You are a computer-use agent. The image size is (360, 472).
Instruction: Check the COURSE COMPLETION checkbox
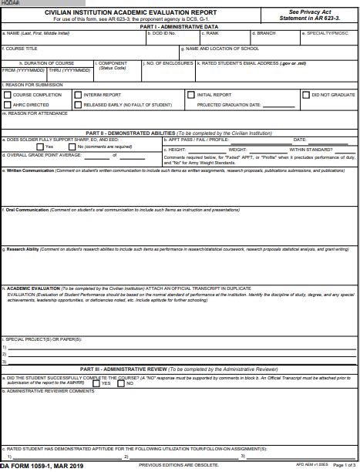point(8,95)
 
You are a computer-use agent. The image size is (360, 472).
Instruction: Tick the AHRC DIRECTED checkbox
point(8,105)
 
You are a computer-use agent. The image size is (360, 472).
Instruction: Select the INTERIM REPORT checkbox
point(77,95)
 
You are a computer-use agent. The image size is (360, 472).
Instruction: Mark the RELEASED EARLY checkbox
point(77,105)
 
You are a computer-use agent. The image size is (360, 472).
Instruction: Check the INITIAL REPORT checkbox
point(191,95)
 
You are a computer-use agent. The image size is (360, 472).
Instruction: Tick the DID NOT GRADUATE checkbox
point(305,95)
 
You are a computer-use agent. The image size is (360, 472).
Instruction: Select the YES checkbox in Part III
point(96,383)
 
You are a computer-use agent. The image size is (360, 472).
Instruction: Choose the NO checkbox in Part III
point(120,383)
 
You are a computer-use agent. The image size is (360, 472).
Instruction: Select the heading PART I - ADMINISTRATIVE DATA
point(180,26)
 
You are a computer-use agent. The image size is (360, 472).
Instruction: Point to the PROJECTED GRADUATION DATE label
point(229,105)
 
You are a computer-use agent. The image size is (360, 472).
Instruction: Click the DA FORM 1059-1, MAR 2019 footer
point(42,467)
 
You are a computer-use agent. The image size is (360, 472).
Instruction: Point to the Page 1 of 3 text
point(345,466)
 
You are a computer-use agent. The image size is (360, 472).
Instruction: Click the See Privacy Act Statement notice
point(309,15)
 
